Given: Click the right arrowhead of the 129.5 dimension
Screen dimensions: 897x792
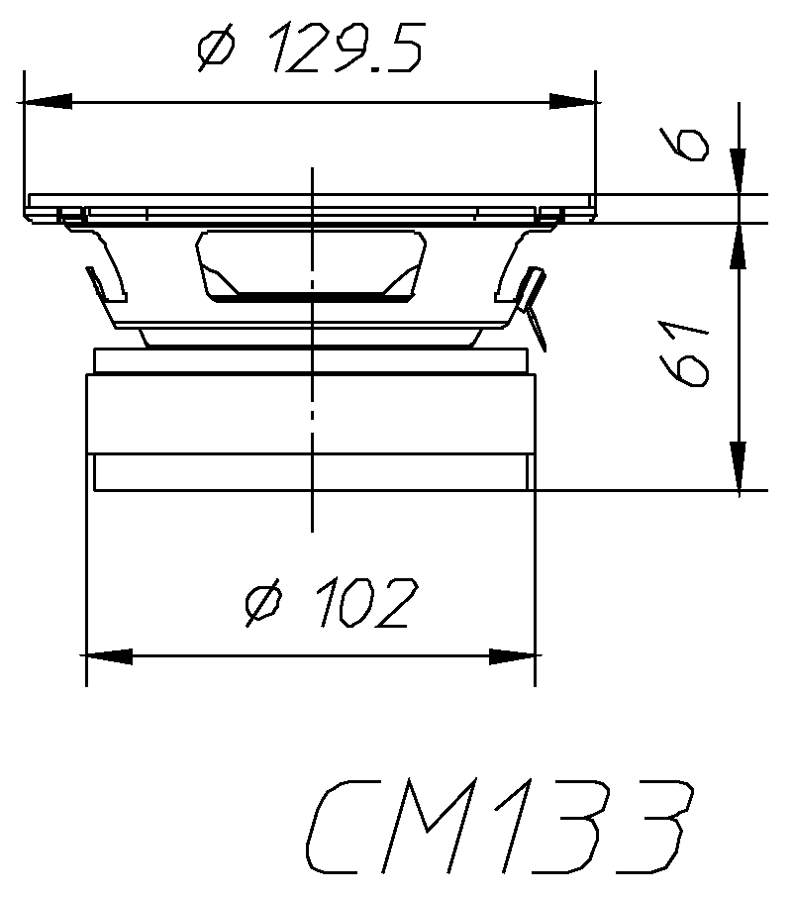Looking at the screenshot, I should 574,101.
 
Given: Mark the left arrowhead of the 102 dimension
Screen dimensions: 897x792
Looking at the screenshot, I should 109,656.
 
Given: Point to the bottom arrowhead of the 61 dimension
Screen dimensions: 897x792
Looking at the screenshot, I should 738,465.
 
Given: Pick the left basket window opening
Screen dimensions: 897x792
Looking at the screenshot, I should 109,267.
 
